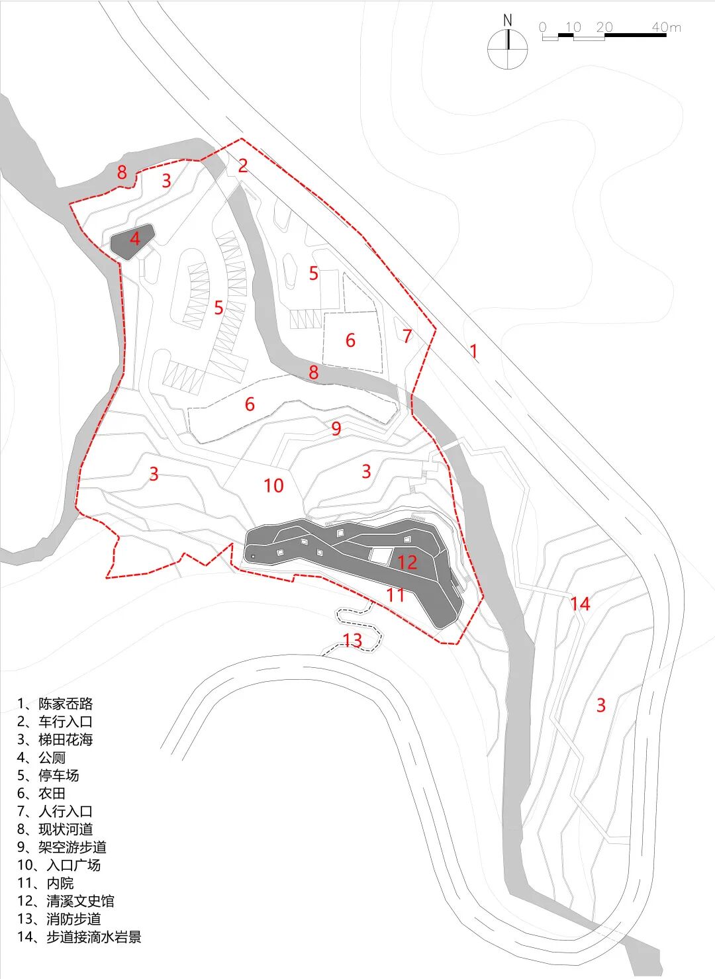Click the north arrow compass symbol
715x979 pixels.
point(508,50)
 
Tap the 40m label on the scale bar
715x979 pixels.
point(666,28)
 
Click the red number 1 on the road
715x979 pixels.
point(473,351)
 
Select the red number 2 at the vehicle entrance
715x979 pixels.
point(243,165)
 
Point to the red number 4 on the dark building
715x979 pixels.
point(135,238)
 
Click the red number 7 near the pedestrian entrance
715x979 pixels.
point(407,336)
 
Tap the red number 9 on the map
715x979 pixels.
point(336,429)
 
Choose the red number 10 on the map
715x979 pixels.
point(273,485)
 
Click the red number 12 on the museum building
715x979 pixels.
point(407,562)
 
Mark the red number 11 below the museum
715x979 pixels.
point(395,594)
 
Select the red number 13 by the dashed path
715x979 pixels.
point(352,640)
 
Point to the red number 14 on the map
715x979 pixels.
point(580,604)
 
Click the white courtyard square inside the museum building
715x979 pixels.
point(380,556)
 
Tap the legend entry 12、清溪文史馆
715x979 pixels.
point(66,901)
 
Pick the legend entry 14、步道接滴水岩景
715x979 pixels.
point(79,937)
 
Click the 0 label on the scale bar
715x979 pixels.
point(543,28)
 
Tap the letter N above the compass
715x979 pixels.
point(508,21)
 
